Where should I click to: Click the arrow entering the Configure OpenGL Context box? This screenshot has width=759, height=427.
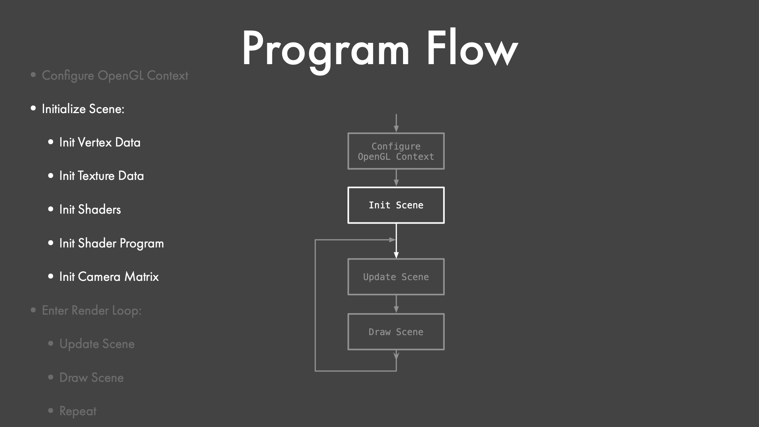coord(396,123)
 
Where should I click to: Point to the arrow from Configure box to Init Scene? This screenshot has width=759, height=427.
coord(396,178)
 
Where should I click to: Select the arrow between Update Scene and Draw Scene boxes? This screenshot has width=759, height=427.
coord(396,304)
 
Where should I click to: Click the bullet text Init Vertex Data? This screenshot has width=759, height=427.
coord(100,142)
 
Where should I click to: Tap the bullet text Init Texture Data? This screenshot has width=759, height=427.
coord(102,176)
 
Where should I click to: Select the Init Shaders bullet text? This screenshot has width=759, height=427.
coord(90,210)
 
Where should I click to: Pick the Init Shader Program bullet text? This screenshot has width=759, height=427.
coord(112,244)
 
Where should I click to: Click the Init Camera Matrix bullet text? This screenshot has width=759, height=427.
coord(109,277)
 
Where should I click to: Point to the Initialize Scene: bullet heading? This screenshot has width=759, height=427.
coord(83,109)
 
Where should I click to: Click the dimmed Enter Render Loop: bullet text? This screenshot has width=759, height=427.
coord(91,311)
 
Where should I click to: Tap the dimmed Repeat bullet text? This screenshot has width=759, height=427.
coord(78,411)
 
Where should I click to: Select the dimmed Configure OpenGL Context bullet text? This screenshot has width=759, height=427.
coord(115,76)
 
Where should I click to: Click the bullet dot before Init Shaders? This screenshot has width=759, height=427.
coord(51,209)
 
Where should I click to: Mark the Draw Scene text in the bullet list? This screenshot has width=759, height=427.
coord(91,378)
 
